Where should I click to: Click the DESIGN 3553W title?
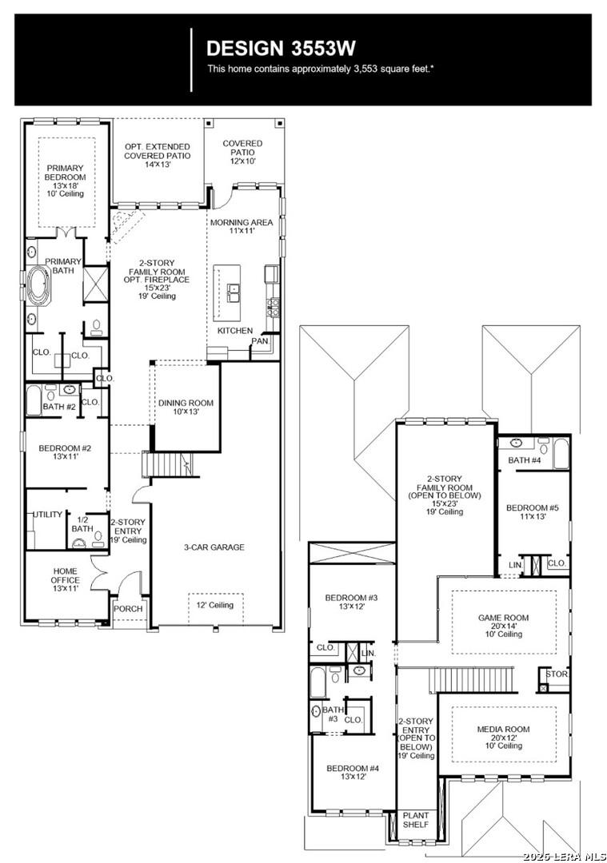point(281,48)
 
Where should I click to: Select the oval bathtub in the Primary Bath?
point(38,287)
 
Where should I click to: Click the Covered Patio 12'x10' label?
point(242,152)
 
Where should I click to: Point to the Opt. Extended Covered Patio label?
point(157,155)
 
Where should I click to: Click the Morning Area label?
point(242,226)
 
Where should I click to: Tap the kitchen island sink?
point(234,292)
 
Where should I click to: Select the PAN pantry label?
point(259,341)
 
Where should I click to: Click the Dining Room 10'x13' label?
point(186,408)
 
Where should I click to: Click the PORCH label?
point(128,609)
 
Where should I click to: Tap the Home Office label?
point(65,579)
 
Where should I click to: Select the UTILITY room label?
point(46,515)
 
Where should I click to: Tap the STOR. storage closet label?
point(557,674)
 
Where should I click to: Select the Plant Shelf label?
point(415,820)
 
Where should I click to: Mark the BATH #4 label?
point(525,459)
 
